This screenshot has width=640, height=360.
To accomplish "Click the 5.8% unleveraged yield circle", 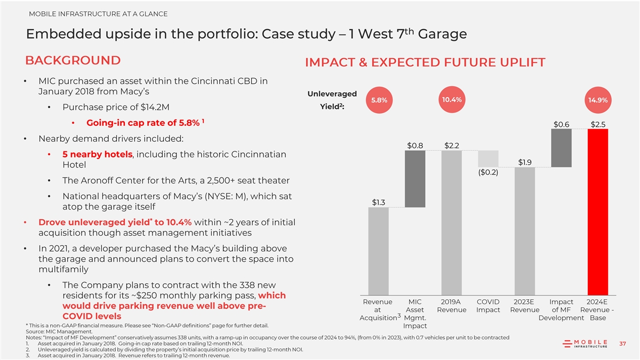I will (379, 100).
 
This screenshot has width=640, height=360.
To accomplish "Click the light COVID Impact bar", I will (488, 159).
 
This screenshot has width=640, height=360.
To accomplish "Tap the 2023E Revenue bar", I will (525, 231).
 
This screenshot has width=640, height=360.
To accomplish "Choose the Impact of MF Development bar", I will (561, 148).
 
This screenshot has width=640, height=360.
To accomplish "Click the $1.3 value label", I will (379, 202).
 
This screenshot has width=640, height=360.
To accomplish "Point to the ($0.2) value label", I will (488, 172).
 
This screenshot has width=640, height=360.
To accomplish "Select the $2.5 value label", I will (597, 124).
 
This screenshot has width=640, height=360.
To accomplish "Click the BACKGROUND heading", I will (73, 60).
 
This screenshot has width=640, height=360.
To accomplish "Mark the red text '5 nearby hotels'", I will (97, 154).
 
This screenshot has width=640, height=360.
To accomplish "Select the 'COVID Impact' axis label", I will (488, 306).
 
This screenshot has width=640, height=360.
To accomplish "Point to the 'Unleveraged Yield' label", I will (332, 100).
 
